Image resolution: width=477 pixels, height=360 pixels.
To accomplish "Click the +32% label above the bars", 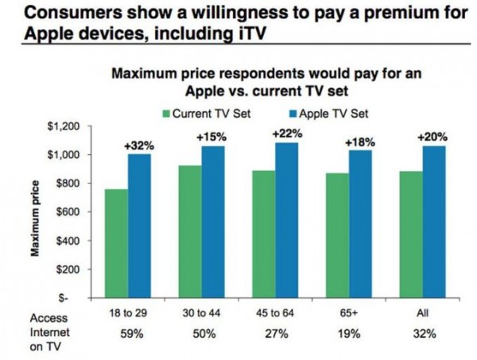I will tap(138, 145).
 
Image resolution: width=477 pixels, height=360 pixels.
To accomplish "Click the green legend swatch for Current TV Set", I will tap(166, 114).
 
